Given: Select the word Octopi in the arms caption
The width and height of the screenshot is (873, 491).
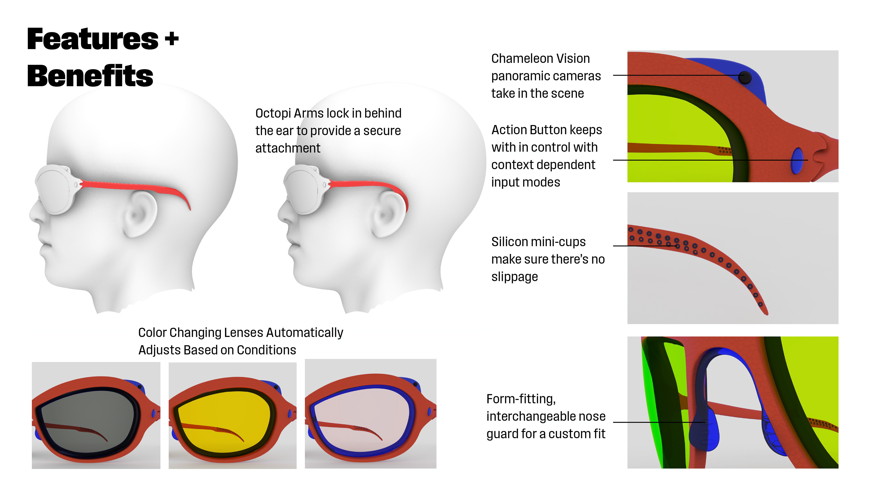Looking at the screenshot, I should coord(273,113).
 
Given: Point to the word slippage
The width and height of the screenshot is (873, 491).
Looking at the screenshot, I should coord(514,277).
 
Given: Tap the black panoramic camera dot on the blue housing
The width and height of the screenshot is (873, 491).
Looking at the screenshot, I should coord(744,78).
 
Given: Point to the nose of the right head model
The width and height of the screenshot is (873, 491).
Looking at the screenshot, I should coord(282,213).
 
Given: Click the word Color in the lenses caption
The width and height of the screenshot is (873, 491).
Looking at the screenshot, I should coord(152,333).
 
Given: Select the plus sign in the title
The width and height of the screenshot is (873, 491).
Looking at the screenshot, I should coord(172,38).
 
